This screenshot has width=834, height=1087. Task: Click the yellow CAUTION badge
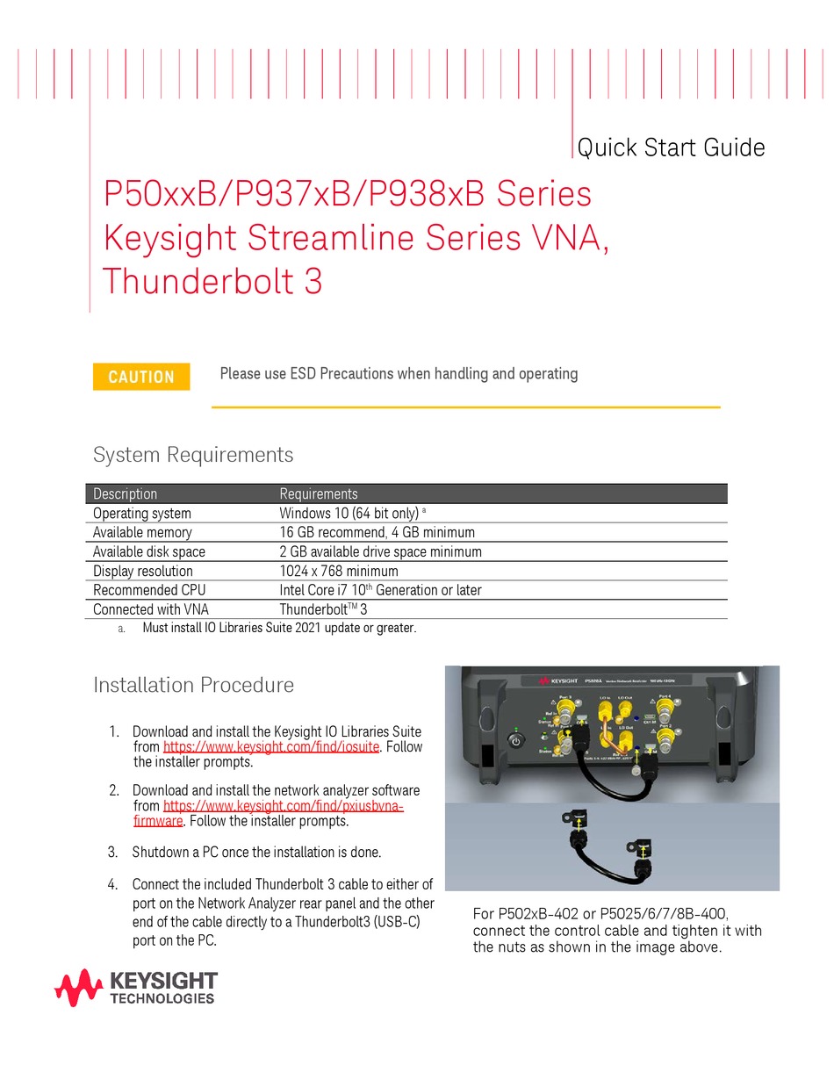(x=141, y=377)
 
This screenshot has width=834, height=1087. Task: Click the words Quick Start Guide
(x=672, y=148)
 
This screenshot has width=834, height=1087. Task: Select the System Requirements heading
(x=193, y=455)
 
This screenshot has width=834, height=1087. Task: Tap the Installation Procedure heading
(x=193, y=685)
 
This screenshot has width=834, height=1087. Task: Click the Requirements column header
(x=319, y=493)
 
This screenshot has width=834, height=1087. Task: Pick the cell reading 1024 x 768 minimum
(x=339, y=571)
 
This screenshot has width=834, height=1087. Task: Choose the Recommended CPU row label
(x=149, y=590)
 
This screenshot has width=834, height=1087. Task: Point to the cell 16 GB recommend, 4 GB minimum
(x=377, y=532)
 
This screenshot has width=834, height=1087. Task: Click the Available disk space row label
(x=149, y=551)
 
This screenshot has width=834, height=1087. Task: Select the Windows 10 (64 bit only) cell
(x=349, y=513)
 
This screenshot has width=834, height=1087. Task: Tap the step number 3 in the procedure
(x=113, y=852)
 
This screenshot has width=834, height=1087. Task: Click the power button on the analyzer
(x=516, y=742)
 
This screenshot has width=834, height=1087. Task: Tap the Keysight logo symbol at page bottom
(x=78, y=988)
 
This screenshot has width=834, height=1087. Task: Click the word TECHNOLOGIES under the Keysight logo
(x=162, y=998)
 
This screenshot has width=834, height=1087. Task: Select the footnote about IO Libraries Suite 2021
(x=279, y=628)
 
